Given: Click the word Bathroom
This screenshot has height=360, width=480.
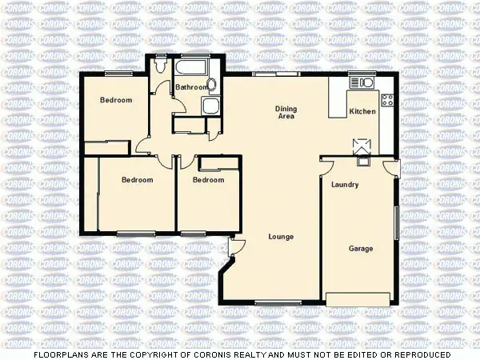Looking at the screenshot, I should (192, 87).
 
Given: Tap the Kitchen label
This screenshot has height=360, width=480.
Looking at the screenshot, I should (362, 112).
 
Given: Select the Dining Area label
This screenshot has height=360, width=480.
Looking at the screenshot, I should (286, 113).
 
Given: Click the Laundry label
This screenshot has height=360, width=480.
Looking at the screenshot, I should (344, 185).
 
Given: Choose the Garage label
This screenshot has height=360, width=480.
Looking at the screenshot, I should (361, 249).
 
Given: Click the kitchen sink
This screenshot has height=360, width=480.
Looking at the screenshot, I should (362, 81).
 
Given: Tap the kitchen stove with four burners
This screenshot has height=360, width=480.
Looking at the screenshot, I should (387, 100).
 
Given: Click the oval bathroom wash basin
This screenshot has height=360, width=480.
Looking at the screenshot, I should (211, 85).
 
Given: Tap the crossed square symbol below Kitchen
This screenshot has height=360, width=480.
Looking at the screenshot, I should (362, 144).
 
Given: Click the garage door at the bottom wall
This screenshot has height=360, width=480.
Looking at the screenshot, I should (358, 299).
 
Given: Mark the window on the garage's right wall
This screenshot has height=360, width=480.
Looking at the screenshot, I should (396, 222).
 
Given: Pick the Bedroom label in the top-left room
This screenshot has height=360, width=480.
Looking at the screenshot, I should (115, 101).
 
